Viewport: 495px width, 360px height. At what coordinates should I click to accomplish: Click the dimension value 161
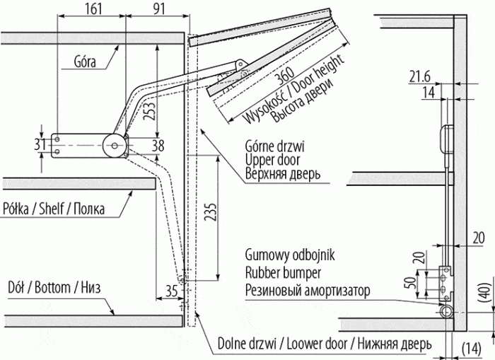click(x=91, y=11)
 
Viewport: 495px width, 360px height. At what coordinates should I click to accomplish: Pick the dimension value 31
click(x=39, y=144)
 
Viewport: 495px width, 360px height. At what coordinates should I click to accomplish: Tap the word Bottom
click(x=54, y=288)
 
